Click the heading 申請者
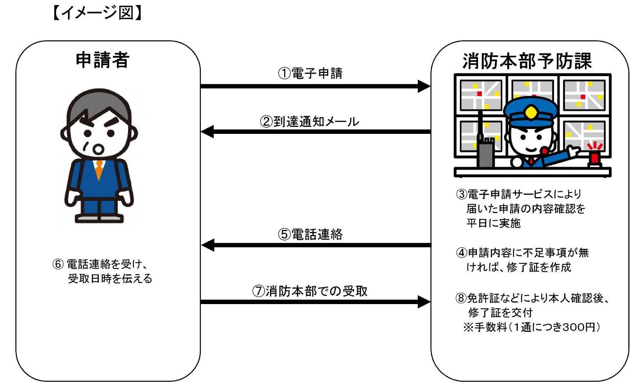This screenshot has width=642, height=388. (102, 61)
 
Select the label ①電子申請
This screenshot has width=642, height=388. (310, 73)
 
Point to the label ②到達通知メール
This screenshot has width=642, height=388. (309, 122)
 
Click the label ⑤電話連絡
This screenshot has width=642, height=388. (310, 234)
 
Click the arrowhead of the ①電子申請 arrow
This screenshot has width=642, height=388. (424, 86)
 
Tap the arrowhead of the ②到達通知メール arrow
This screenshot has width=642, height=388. (207, 132)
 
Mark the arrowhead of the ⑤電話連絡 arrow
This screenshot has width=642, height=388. (207, 245)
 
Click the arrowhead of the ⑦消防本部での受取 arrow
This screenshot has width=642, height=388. (424, 302)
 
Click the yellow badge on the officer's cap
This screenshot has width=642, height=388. (531, 113)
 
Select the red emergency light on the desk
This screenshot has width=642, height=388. (595, 157)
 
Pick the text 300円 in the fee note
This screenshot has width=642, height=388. (579, 327)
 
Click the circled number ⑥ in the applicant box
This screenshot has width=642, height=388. (58, 264)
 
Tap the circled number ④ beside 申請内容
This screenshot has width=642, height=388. (461, 253)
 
